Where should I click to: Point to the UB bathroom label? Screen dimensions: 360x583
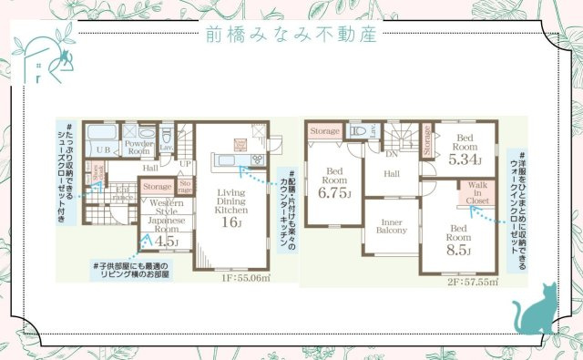coord(103,149)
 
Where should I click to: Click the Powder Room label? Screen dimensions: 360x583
coord(139,149)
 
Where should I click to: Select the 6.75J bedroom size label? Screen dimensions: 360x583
coord(334,193)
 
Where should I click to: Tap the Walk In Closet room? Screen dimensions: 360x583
coord(477,192)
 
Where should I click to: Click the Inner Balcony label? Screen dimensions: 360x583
coord(391,225)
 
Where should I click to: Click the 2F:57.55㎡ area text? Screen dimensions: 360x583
coord(475,283)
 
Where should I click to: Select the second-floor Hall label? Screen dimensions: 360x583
coord(392,173)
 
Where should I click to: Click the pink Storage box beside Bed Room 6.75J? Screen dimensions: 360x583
coord(323,132)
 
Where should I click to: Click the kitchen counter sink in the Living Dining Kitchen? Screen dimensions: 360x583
coord(226,162)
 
